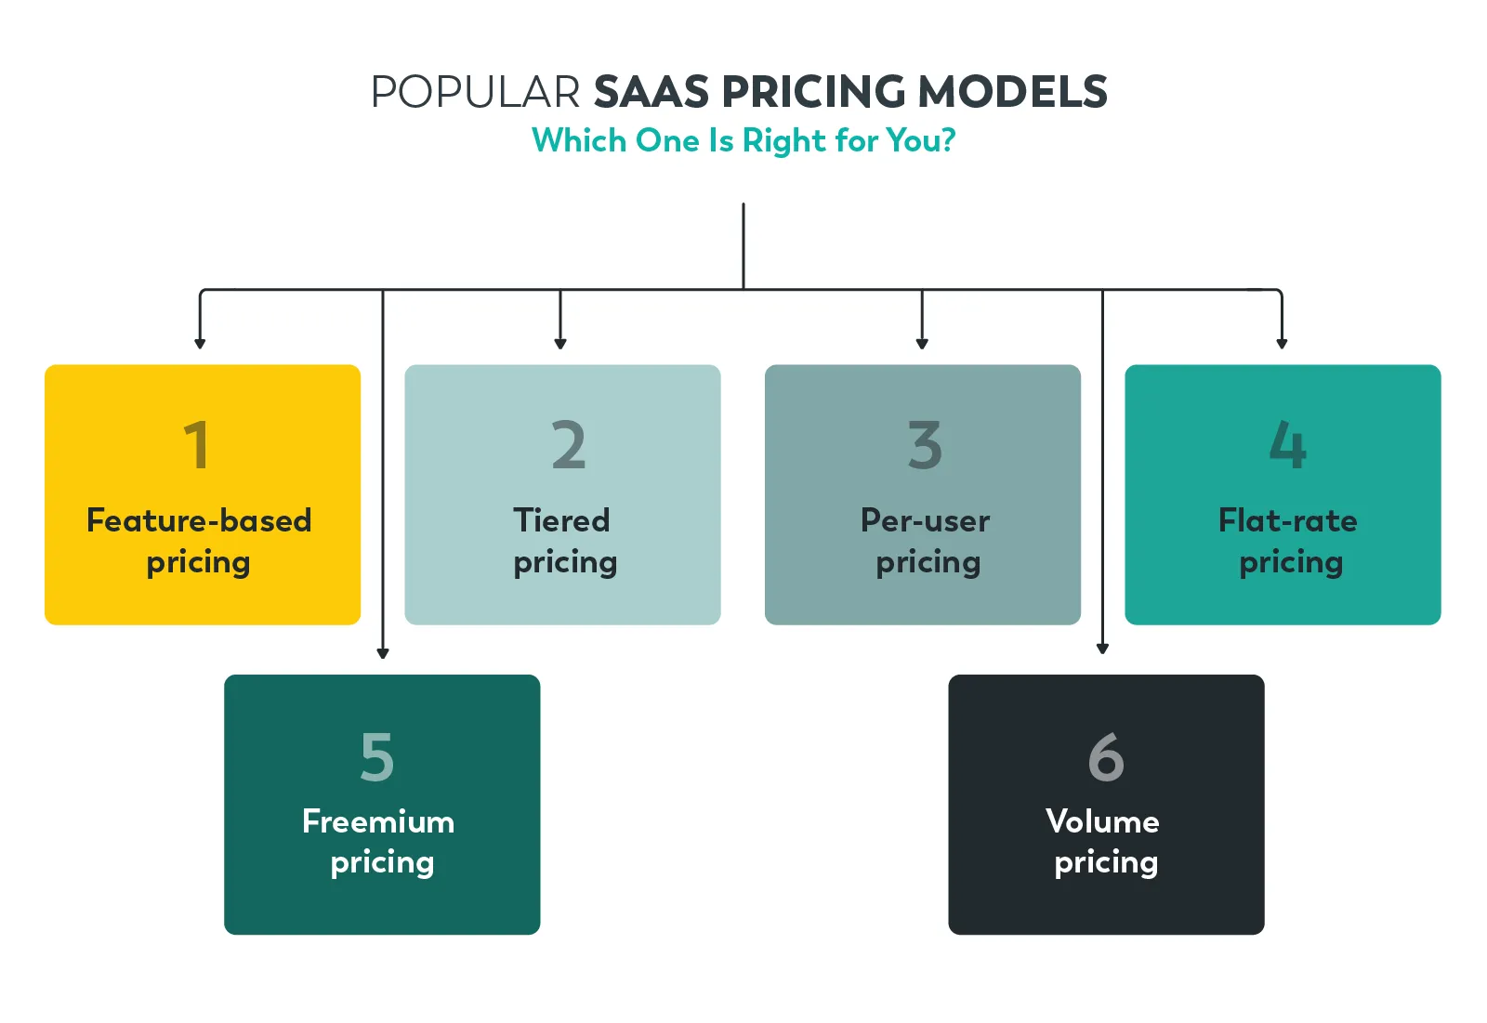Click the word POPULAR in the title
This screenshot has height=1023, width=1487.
pos(475,92)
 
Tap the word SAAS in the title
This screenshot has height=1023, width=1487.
pos(651,92)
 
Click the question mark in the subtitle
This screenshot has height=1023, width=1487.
pos(947,140)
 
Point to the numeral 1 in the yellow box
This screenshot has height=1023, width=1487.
pos(196,445)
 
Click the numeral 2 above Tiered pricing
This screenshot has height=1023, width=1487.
pos(568,445)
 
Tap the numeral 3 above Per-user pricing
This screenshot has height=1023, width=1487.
pos(925,445)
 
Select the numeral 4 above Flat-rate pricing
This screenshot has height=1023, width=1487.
pos(1288,445)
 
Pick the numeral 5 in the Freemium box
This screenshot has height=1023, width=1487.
pos(377,756)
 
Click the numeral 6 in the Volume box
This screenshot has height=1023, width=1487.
pos(1106,756)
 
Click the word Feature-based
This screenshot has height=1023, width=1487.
pos(199,520)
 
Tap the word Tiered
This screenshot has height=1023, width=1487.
pos(561,520)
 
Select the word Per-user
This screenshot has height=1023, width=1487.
pos(925,520)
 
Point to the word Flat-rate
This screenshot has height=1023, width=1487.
pos(1287,520)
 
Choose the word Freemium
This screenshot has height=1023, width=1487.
pos(378,821)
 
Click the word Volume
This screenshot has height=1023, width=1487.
pos(1102,821)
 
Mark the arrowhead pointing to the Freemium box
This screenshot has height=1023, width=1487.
pos(383,653)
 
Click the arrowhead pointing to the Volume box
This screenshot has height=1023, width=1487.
pos(1103,649)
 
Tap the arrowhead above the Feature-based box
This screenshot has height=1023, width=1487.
pos(200,344)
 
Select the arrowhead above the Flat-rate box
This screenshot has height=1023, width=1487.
pos(1282,344)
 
